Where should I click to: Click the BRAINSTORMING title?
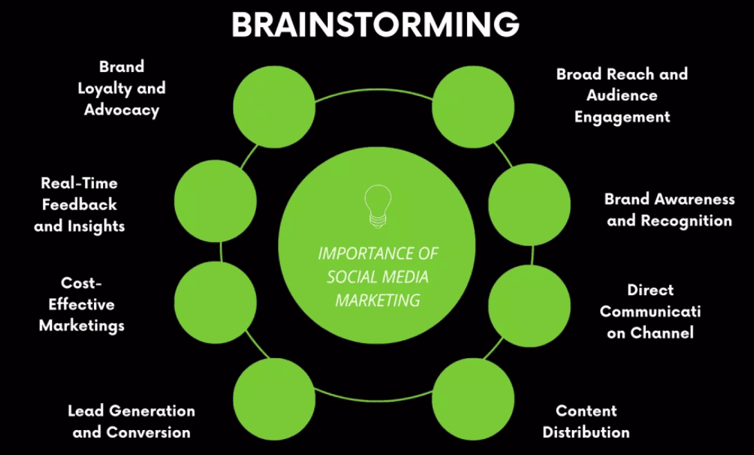(x=376, y=26)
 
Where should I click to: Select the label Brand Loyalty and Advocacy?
(x=122, y=88)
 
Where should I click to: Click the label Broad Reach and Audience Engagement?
(x=622, y=95)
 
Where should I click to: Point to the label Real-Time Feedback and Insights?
(x=79, y=205)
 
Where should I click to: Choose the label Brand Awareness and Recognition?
(x=669, y=210)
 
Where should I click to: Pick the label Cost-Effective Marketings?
(x=82, y=304)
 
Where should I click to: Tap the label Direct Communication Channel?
(x=650, y=311)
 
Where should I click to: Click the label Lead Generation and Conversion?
(x=131, y=421)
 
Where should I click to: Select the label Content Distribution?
(x=586, y=421)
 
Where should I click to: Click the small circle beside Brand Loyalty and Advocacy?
(x=274, y=106)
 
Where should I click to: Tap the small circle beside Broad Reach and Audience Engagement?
(x=473, y=106)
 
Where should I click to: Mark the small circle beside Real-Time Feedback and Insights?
(x=215, y=201)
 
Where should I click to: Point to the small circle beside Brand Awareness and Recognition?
(x=530, y=205)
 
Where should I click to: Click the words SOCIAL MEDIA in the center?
(x=378, y=277)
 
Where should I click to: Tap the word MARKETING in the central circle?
(x=378, y=300)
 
